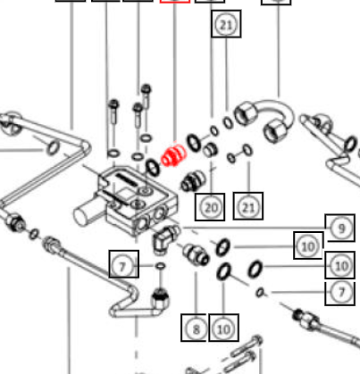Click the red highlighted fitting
pos(173,156)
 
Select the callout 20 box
pos(210,207)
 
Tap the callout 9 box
pos(340,228)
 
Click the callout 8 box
pos(195,328)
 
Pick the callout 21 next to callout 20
pos(248,206)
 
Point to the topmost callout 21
pos(226,24)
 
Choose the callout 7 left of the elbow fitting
pos(124,264)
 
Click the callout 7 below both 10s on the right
pos(340,293)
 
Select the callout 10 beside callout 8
pos(223,328)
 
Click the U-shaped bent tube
pos(265,119)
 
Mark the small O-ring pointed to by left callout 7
pos(161,266)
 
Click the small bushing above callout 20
pos(210,149)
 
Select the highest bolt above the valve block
pos(146,96)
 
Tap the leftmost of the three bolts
pos(113,112)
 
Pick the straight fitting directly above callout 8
pos(196,253)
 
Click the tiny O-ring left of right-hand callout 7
pos(260,293)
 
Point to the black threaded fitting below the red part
pos(194,180)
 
